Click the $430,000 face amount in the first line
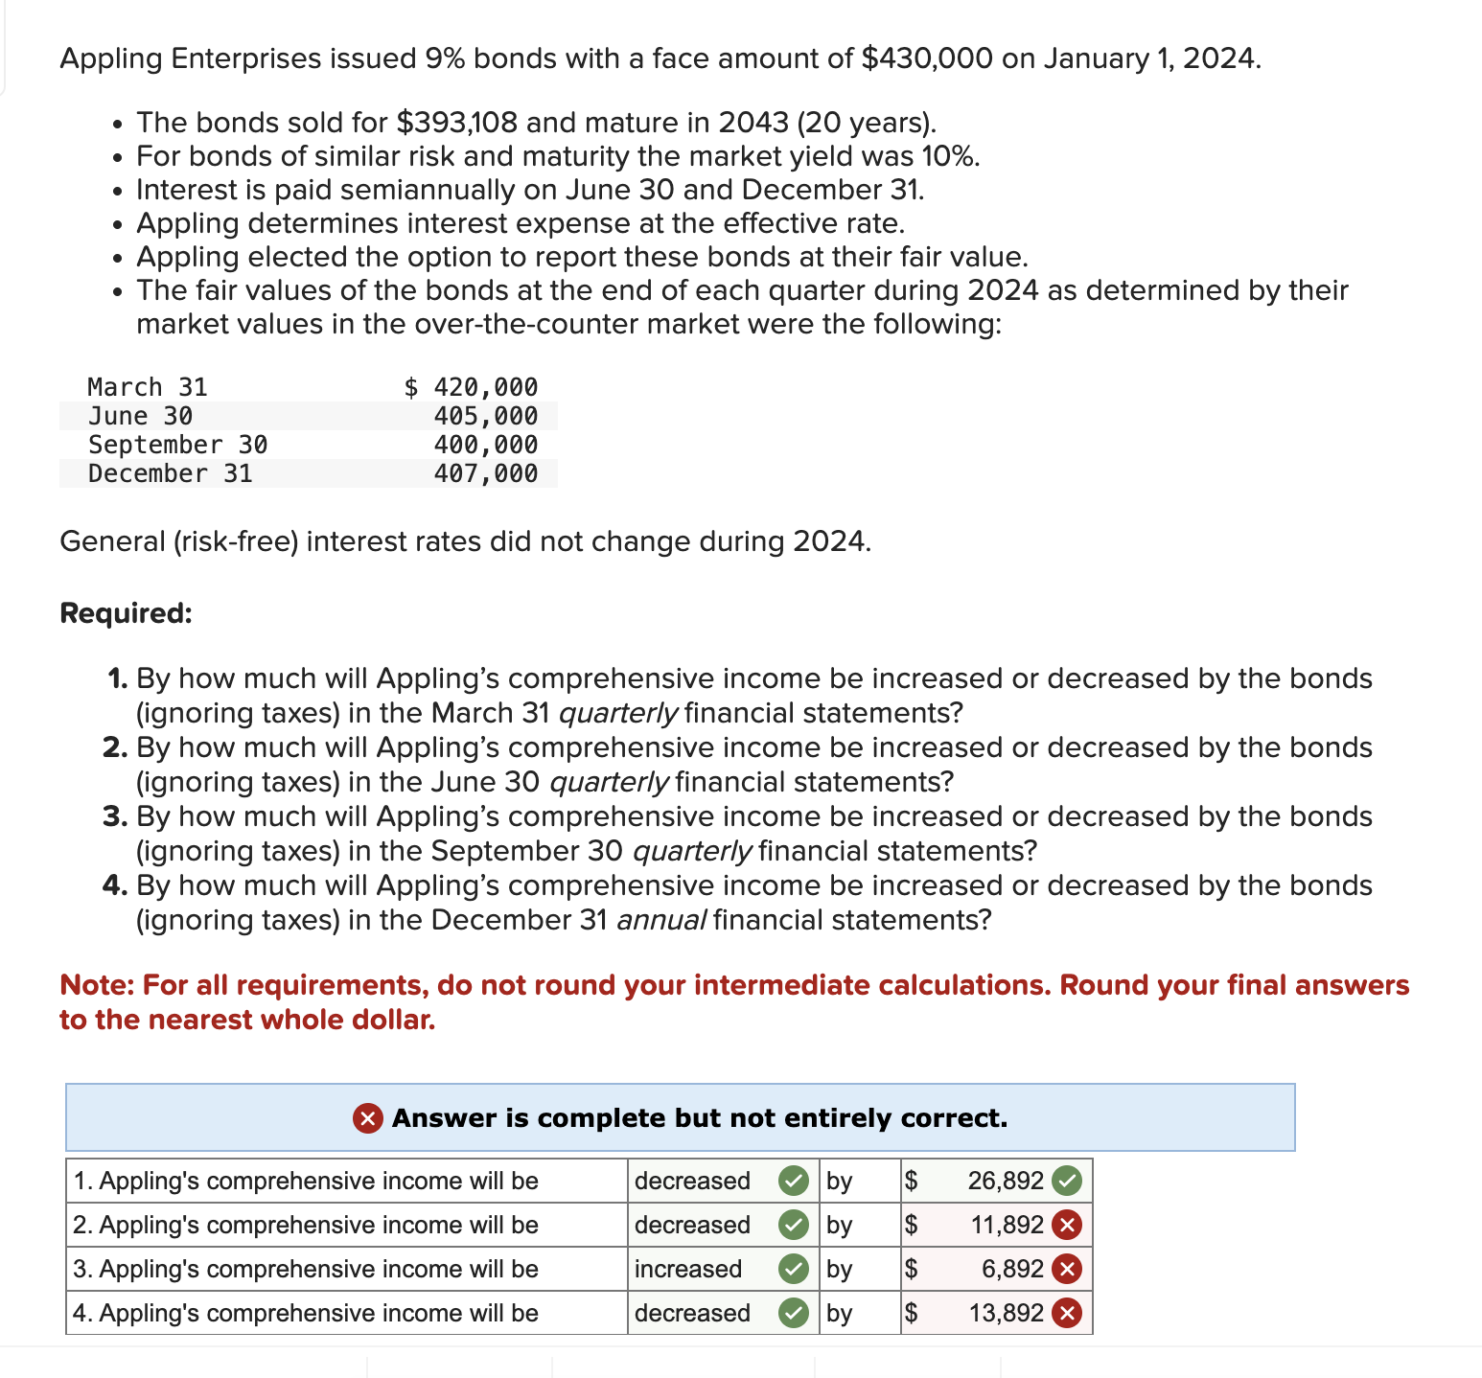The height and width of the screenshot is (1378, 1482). (927, 58)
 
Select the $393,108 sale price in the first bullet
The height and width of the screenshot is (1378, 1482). (456, 123)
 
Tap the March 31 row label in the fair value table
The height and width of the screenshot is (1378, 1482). (147, 387)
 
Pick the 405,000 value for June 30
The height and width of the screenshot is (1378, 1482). (485, 416)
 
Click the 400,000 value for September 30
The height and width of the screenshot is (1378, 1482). (485, 445)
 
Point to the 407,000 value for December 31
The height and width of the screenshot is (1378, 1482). (485, 473)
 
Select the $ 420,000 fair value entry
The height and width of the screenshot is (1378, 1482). (471, 387)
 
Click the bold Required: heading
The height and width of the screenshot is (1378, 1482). (126, 613)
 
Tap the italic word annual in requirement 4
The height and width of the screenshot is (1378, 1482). (661, 920)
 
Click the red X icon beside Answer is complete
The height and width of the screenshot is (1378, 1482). (368, 1118)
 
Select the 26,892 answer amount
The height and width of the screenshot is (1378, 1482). (1005, 1181)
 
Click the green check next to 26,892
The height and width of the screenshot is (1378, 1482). (1067, 1181)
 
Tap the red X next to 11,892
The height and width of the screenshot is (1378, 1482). (1067, 1225)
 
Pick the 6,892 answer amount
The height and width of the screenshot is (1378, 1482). (1012, 1269)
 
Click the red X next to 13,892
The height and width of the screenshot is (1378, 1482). (1067, 1313)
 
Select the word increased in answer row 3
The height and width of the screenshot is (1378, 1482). (688, 1269)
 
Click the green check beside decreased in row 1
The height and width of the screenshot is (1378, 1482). (793, 1181)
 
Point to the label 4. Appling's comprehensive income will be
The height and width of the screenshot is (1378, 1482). (306, 1313)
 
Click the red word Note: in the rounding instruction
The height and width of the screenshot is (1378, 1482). (98, 985)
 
